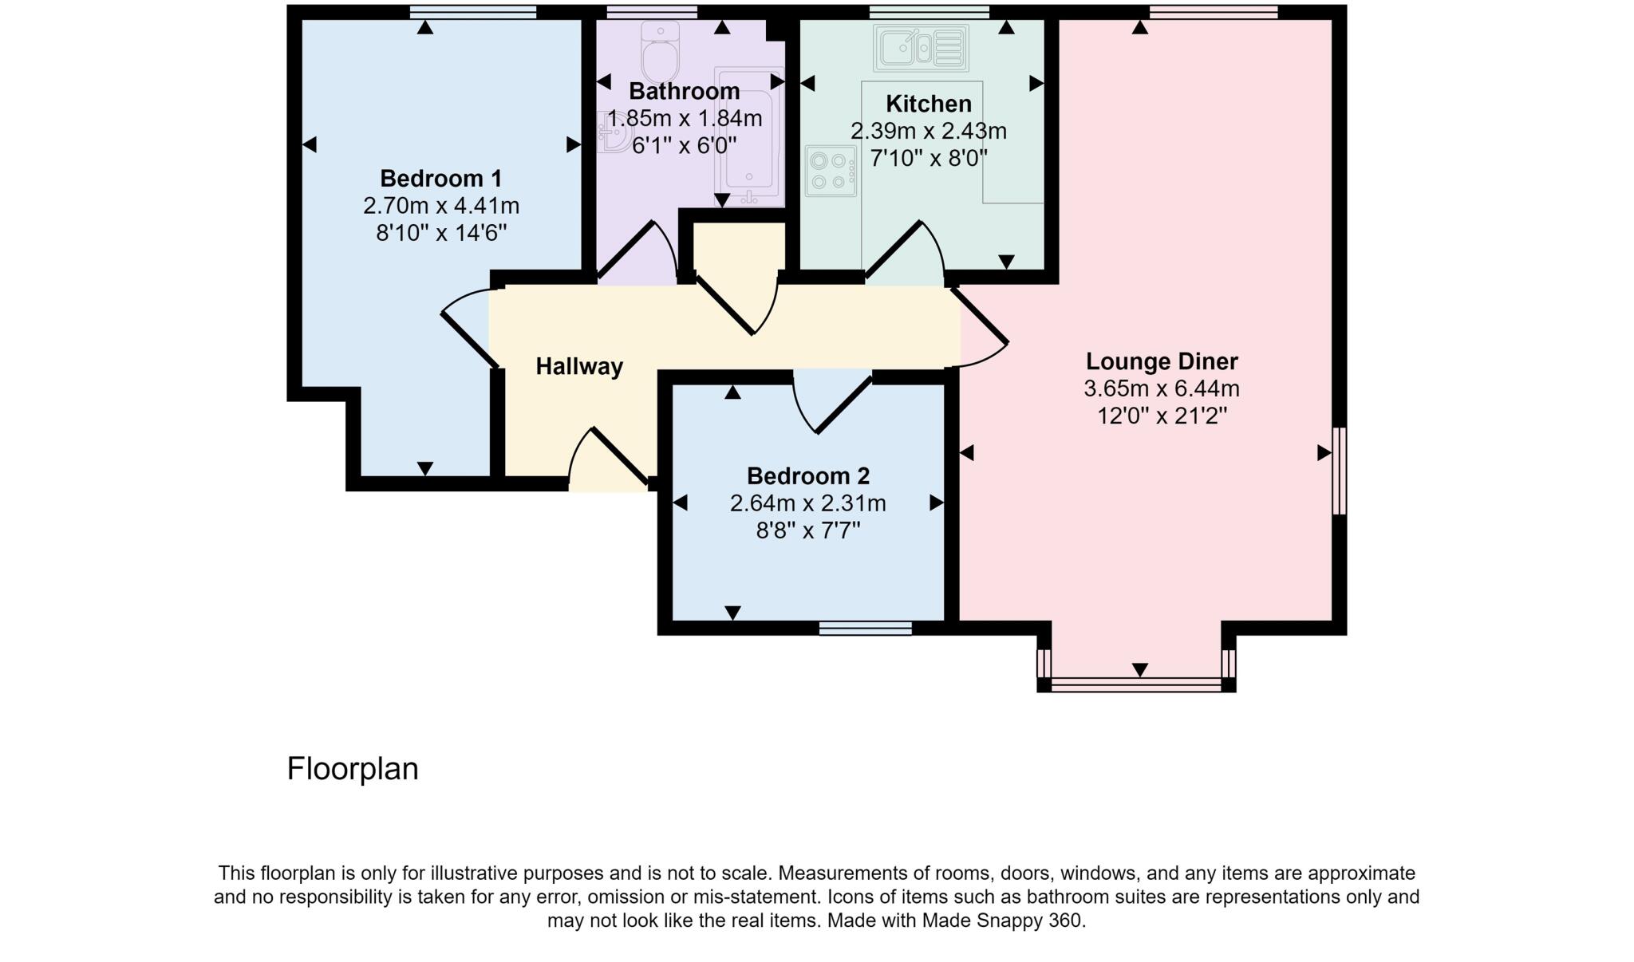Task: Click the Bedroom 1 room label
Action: click(440, 178)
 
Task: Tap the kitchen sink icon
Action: click(921, 48)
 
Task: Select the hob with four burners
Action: click(830, 171)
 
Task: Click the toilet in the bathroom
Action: click(661, 51)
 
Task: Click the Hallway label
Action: click(578, 366)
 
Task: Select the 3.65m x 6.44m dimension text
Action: click(1161, 388)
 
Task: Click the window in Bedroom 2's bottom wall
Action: click(865, 629)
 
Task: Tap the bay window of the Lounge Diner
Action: click(1136, 684)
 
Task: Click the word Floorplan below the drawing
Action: click(353, 769)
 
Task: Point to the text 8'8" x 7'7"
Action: click(807, 530)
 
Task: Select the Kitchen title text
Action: click(928, 104)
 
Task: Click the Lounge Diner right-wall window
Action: click(1340, 471)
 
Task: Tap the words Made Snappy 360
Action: click(1003, 921)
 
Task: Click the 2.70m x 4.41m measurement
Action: click(440, 206)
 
